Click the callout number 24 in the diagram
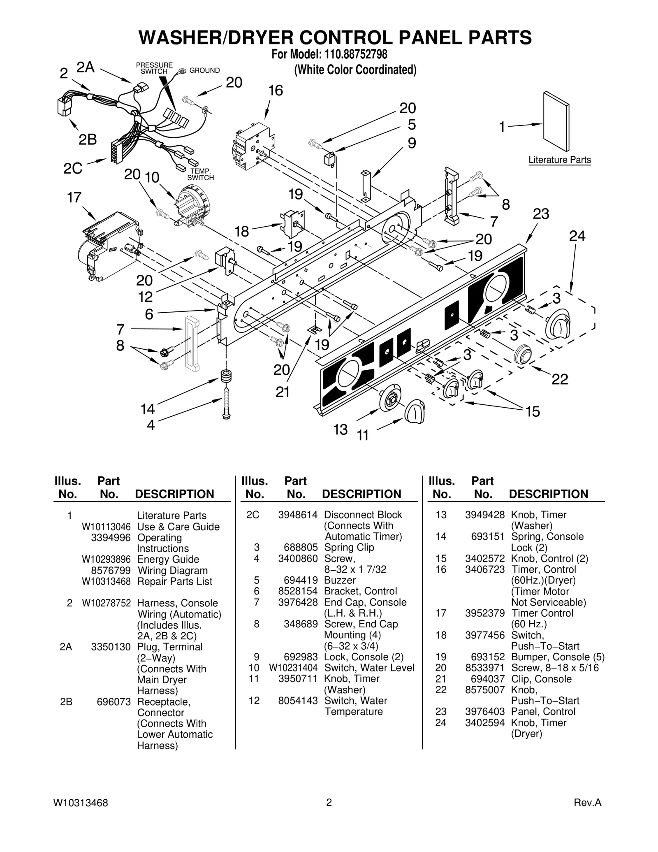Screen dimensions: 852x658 click(x=577, y=236)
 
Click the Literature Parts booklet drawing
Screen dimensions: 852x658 click(x=556, y=121)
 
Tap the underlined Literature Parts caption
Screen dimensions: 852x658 click(x=559, y=160)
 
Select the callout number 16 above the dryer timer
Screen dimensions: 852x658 click(x=276, y=91)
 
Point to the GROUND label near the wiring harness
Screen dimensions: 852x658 click(x=204, y=71)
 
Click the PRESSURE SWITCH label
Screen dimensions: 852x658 click(x=154, y=68)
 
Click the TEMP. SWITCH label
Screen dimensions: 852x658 click(x=200, y=175)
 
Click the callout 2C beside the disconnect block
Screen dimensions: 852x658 click(x=73, y=168)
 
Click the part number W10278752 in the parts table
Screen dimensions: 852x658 click(x=106, y=603)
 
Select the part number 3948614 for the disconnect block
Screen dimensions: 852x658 click(x=298, y=515)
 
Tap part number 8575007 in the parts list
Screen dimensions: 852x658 click(x=484, y=690)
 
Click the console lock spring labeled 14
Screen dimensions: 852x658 click(x=226, y=376)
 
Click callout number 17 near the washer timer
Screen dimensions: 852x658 click(x=74, y=198)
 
